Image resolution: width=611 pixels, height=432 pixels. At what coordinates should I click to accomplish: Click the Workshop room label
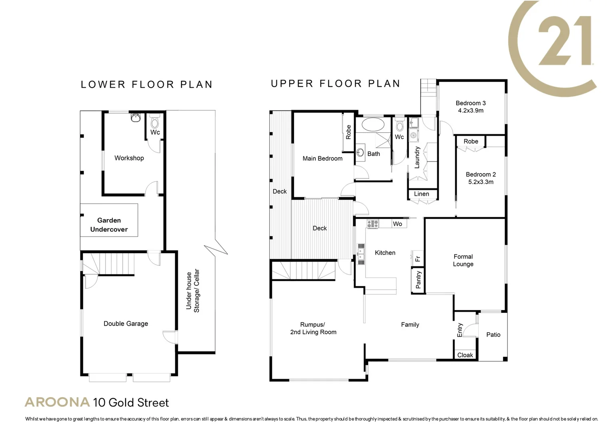129,158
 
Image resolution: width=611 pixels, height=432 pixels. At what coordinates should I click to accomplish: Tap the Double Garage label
126,324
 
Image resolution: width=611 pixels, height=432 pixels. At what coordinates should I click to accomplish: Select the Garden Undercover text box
109,225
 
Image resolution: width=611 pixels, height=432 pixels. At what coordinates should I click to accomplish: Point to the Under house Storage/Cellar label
192,291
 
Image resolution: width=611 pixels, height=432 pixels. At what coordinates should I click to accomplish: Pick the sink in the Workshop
136,118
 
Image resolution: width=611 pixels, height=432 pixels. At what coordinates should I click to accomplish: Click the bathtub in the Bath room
373,124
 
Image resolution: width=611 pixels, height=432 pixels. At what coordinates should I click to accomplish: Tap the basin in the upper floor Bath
361,152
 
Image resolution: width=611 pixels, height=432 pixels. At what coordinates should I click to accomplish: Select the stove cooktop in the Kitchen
373,224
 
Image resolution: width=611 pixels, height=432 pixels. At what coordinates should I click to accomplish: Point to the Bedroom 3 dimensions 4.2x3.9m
471,110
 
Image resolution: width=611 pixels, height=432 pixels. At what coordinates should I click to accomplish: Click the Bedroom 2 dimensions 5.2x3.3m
481,182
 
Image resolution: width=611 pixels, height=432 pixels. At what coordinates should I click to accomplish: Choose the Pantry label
418,280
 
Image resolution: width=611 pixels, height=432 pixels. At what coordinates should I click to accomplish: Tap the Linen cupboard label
421,194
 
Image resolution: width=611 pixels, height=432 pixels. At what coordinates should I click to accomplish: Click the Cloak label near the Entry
465,355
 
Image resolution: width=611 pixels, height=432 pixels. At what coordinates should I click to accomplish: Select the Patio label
493,335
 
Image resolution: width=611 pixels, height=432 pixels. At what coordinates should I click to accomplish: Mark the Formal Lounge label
463,260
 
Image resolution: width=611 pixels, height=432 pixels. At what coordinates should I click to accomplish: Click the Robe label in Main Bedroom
348,132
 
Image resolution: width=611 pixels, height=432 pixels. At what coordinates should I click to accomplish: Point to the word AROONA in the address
57,402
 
